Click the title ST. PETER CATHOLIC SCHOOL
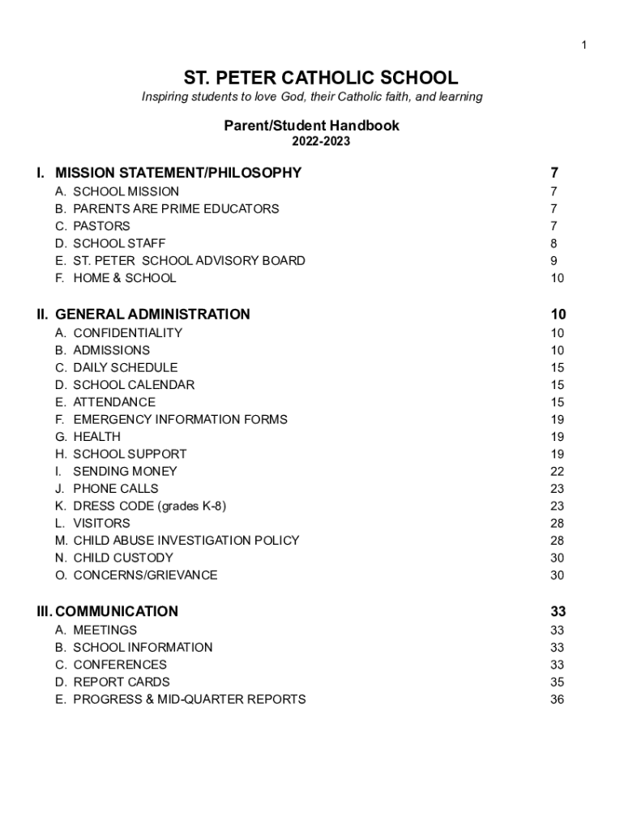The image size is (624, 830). [320, 78]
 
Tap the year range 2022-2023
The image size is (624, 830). [320, 142]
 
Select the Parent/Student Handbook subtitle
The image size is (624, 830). [311, 126]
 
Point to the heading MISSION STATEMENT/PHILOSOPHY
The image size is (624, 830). [178, 173]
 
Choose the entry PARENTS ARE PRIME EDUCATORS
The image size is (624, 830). [176, 208]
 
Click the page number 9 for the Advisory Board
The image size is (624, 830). [553, 260]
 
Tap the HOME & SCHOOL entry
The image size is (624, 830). [124, 278]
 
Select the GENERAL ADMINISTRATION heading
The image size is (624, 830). [152, 314]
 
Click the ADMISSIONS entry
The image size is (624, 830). [111, 350]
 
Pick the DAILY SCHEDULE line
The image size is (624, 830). [125, 367]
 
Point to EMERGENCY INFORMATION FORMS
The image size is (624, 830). [180, 419]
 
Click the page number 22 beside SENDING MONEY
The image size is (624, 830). [557, 471]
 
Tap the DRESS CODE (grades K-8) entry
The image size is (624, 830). [149, 506]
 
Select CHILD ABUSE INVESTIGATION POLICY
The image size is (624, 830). [186, 540]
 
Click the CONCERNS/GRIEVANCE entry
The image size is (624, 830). [145, 575]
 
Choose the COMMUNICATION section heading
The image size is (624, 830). [117, 612]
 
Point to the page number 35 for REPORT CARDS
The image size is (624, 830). [557, 682]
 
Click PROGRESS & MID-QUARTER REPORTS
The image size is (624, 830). [189, 699]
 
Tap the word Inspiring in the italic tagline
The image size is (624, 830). [165, 97]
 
